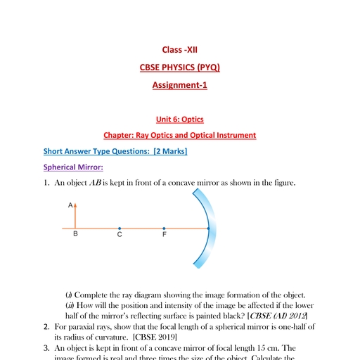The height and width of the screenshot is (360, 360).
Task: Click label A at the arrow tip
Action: point(70,205)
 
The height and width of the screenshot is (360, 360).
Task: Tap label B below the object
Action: point(76,236)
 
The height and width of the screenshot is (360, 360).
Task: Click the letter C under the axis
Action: point(120,236)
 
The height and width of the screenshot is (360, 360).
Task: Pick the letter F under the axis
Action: point(164,236)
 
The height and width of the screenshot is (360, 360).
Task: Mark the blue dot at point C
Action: point(120,228)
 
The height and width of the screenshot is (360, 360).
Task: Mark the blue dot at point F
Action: point(164,228)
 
